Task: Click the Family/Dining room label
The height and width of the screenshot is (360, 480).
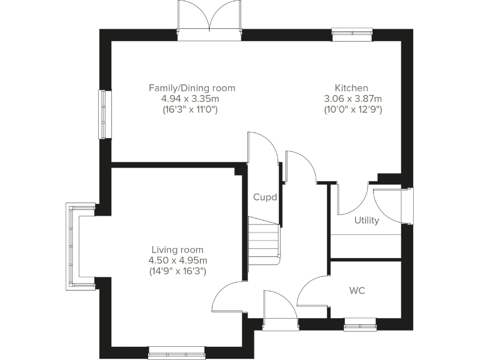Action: click(192, 88)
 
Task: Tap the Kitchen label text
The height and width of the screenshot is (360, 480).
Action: click(351, 88)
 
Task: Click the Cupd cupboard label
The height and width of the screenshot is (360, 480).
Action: click(265, 197)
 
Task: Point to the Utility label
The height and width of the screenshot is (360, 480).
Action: click(366, 220)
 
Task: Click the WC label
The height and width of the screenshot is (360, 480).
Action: click(357, 291)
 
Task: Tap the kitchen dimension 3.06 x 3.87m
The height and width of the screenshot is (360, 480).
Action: click(352, 99)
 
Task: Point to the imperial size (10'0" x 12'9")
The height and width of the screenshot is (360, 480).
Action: click(352, 109)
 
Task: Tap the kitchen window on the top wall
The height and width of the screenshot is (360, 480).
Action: click(352, 35)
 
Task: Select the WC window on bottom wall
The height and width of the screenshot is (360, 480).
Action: click(359, 323)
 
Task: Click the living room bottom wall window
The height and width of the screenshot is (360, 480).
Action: click(176, 353)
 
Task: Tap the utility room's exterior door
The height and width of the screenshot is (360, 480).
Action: click(391, 205)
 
